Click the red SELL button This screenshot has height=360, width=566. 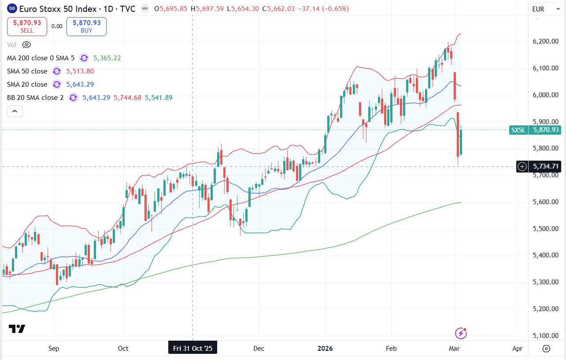pyautogui.click(x=27, y=26)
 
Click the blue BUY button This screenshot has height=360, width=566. pyautogui.click(x=86, y=26)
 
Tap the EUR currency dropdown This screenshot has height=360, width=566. pyautogui.click(x=544, y=9)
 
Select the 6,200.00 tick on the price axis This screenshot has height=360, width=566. pyautogui.click(x=546, y=41)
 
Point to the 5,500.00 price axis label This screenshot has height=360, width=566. pyautogui.click(x=546, y=229)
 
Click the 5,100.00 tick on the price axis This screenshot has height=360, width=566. pyautogui.click(x=546, y=336)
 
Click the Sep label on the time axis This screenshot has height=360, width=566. pyautogui.click(x=53, y=349)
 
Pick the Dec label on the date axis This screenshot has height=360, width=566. pyautogui.click(x=259, y=349)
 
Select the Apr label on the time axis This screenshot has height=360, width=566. pyautogui.click(x=518, y=349)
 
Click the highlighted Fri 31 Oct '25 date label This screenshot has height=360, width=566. pyautogui.click(x=193, y=349)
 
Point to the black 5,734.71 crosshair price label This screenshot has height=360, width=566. pyautogui.click(x=546, y=166)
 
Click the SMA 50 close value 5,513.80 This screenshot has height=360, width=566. pyautogui.click(x=80, y=71)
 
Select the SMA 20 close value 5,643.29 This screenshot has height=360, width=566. pyautogui.click(x=80, y=84)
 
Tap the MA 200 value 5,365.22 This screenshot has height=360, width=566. pyautogui.click(x=106, y=58)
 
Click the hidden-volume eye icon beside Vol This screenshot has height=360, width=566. pyautogui.click(x=26, y=44)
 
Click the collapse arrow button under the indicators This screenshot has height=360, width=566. pyautogui.click(x=15, y=112)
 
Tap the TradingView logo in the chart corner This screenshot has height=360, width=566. pyautogui.click(x=17, y=329)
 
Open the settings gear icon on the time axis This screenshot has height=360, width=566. pyautogui.click(x=546, y=349)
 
